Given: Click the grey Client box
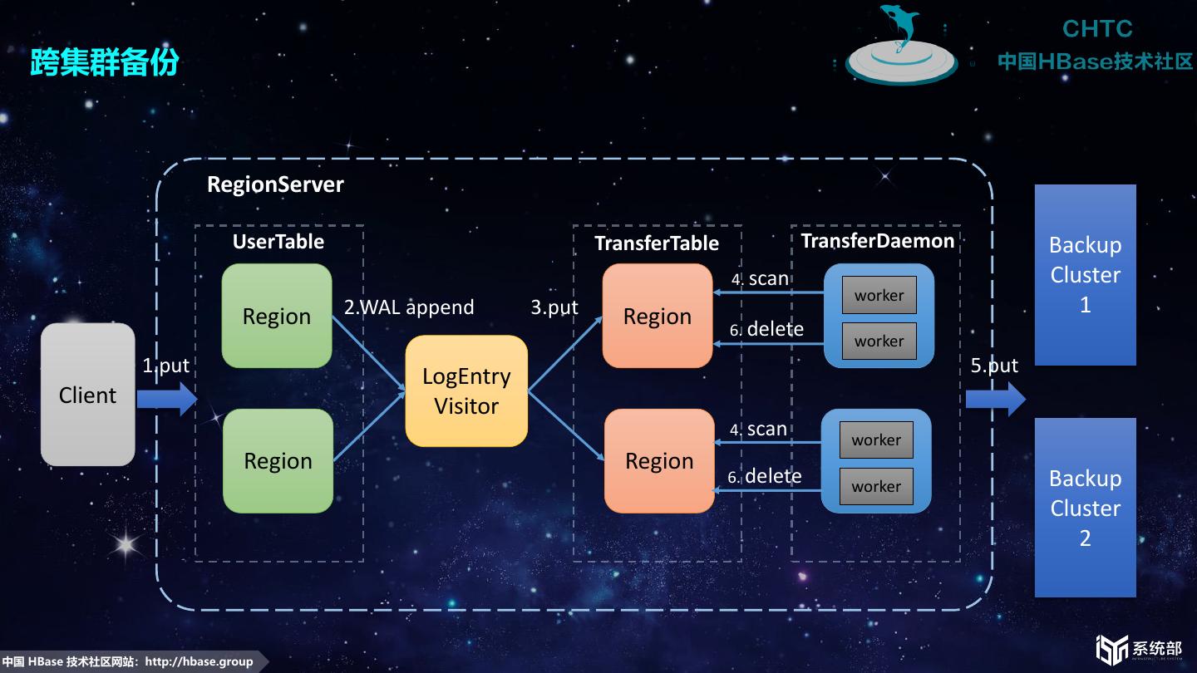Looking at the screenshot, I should (87, 395).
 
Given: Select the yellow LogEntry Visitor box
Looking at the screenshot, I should (466, 391).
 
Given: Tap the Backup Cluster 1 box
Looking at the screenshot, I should (1085, 274).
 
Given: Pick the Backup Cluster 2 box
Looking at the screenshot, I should (1085, 508).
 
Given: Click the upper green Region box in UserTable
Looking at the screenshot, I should (277, 316).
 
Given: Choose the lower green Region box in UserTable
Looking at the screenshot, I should (278, 461).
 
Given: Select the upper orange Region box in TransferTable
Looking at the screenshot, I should (658, 316).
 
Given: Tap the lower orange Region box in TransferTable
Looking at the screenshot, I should (659, 461).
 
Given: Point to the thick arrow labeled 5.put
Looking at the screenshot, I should (995, 400).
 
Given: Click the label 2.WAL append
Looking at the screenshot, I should (409, 307).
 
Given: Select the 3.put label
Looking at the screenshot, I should (554, 307).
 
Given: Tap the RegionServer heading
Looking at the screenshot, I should (275, 184).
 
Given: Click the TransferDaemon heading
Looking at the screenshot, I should (877, 241).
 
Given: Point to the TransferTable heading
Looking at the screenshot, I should (657, 243).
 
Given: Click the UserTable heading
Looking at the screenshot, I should (278, 242).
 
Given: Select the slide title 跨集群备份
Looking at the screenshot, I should (105, 62).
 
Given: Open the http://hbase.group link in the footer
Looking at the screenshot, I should (199, 661).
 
